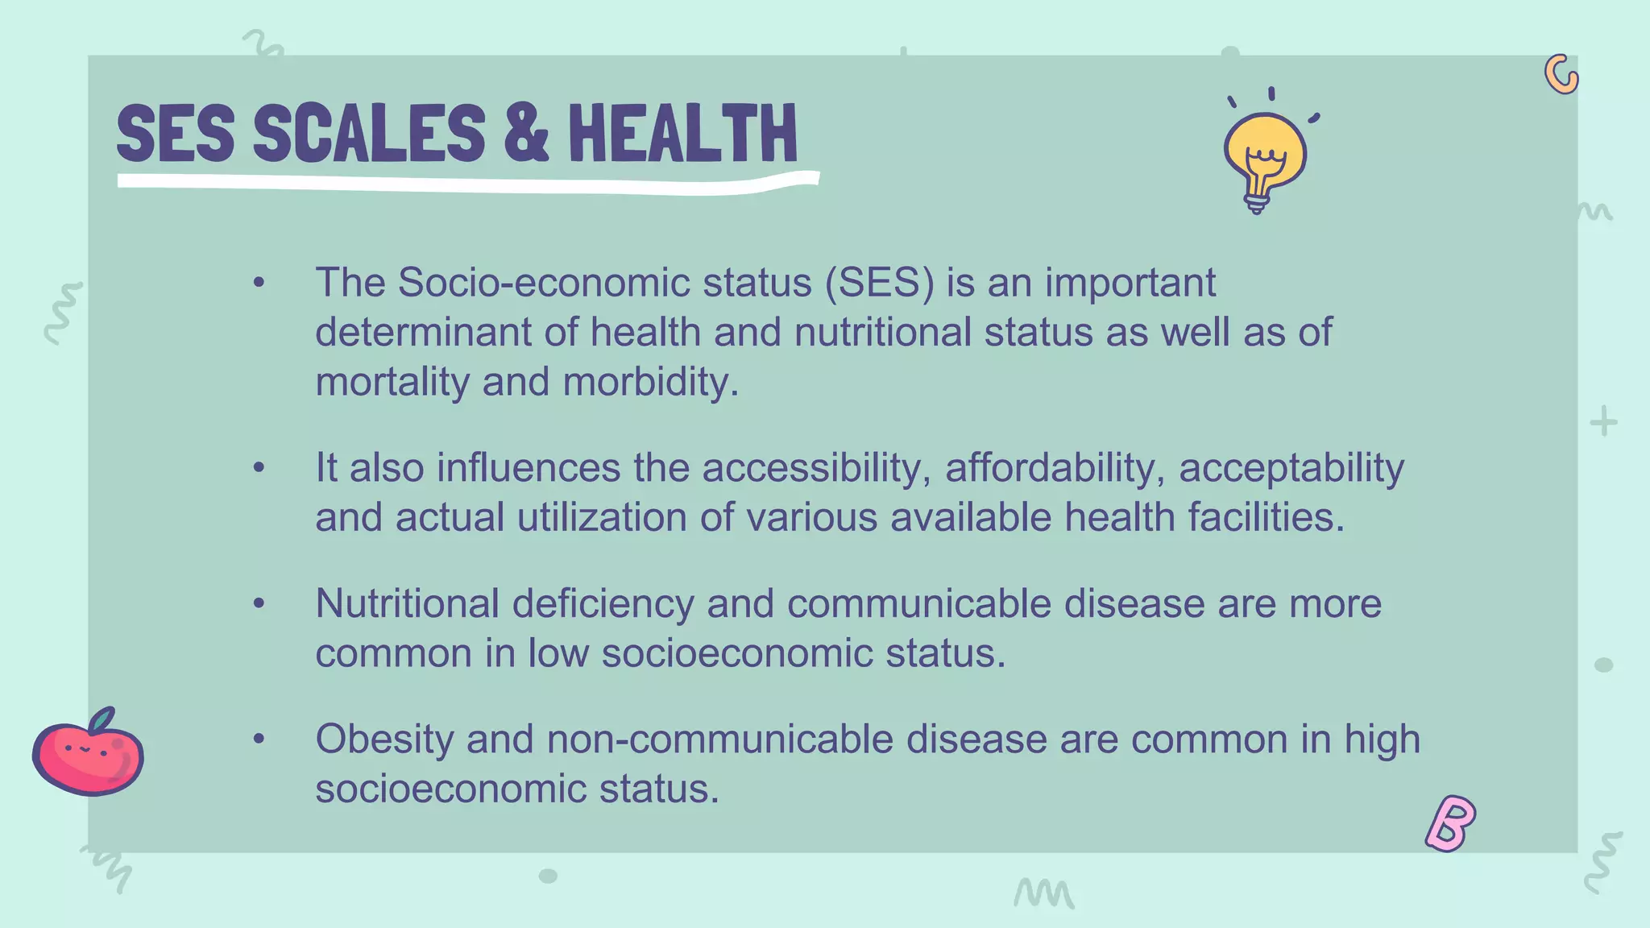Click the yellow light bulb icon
(1265, 157)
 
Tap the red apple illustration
(88, 753)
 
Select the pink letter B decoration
(1450, 823)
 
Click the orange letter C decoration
(1561, 75)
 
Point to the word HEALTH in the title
(682, 133)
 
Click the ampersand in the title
(526, 133)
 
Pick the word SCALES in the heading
(370, 133)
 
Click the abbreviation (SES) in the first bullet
(879, 283)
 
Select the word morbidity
(650, 382)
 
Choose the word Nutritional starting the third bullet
(407, 603)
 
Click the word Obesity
(384, 739)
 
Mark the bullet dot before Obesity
(259, 739)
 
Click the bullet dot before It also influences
(259, 467)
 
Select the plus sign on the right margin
(1603, 421)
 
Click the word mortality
(392, 382)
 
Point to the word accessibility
(816, 468)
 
